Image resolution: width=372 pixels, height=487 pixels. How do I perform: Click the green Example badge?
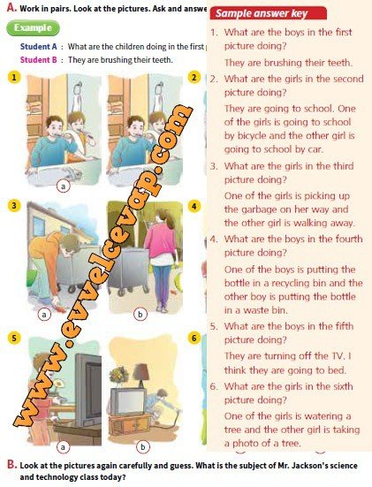click(x=33, y=28)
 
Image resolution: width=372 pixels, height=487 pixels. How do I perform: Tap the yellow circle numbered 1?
click(x=13, y=77)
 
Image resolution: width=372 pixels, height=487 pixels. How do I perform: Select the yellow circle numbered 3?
click(x=13, y=206)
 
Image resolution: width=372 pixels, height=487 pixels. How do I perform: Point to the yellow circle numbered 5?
click(x=13, y=338)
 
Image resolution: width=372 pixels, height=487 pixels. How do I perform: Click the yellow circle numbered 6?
click(x=194, y=338)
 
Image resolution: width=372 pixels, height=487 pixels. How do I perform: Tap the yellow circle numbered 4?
click(x=194, y=206)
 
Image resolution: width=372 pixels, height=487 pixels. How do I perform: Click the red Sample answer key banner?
click(x=269, y=13)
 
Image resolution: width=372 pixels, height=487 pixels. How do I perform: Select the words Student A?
click(x=39, y=47)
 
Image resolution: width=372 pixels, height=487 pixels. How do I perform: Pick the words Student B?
click(x=39, y=59)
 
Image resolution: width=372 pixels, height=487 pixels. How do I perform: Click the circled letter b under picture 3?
click(x=140, y=315)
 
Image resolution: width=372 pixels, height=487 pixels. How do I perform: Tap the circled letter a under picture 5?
click(x=63, y=447)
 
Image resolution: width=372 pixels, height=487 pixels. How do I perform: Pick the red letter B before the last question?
click(x=11, y=465)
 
